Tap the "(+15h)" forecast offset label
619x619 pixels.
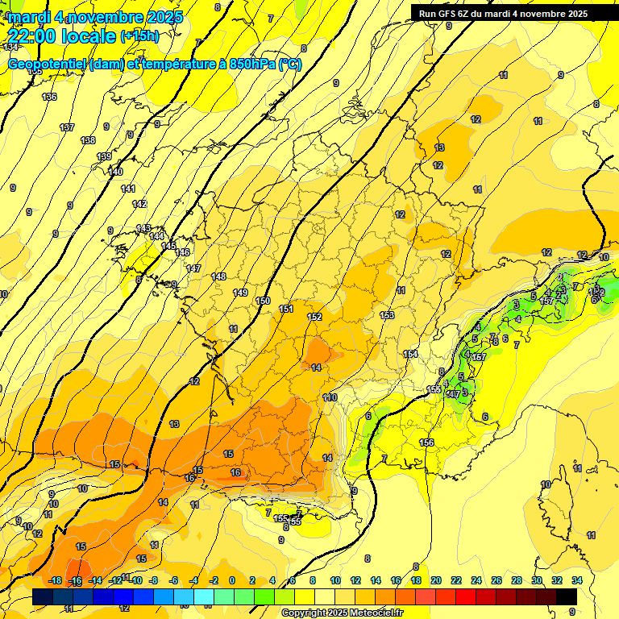click(x=139, y=36)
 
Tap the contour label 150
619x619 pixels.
click(x=263, y=301)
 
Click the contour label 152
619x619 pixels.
click(x=314, y=317)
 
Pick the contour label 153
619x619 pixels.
click(x=388, y=315)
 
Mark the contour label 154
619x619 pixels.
click(x=410, y=355)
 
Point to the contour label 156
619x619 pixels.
click(x=427, y=442)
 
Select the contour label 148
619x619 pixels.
click(x=218, y=276)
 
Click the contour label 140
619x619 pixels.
click(x=115, y=172)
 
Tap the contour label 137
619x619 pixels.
click(x=67, y=127)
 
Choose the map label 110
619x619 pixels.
click(x=330, y=397)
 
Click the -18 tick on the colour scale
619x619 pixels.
click(x=56, y=580)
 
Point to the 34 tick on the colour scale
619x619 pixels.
click(x=576, y=580)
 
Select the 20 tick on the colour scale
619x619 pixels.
click(x=435, y=580)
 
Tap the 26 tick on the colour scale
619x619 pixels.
click(x=496, y=580)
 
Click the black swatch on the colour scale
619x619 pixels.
click(x=567, y=596)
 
